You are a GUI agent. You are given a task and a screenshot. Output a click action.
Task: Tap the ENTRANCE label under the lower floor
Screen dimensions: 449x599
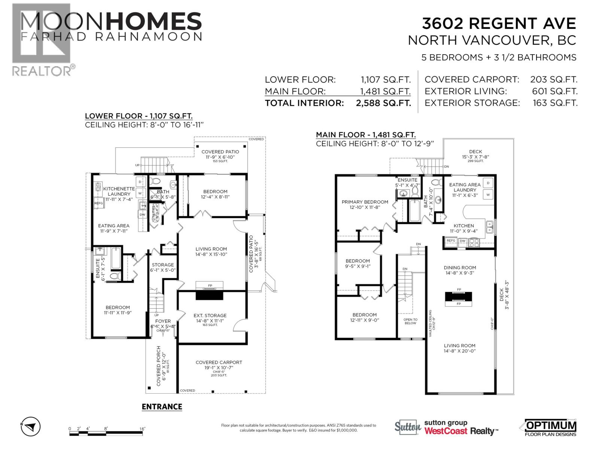pos(162,407)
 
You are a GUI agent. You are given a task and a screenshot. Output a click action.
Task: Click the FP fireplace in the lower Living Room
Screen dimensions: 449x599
pos(210,286)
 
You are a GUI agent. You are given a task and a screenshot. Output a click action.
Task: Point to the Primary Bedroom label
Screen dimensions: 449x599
pos(365,202)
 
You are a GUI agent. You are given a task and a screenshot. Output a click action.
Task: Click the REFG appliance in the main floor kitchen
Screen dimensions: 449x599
pos(451,241)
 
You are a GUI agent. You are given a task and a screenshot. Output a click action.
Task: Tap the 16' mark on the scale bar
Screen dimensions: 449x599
pos(142,429)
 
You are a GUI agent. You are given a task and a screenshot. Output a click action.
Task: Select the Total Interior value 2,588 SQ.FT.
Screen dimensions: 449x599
pos(383,103)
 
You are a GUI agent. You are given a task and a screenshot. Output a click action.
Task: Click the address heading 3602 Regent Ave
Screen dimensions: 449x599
pos(499,24)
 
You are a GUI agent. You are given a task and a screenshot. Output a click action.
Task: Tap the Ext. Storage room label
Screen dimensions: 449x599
pos(210,315)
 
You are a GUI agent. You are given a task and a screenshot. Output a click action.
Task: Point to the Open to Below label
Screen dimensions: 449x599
pos(410,321)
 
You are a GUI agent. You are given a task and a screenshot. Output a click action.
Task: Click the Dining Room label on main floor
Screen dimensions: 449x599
pos(460,268)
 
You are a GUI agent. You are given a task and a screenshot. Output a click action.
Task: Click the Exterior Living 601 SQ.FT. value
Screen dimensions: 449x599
pos(554,91)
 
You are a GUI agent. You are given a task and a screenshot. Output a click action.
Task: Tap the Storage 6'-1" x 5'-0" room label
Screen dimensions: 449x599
pos(163,265)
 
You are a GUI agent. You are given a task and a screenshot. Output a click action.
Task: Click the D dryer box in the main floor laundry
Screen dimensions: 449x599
pos(488,183)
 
